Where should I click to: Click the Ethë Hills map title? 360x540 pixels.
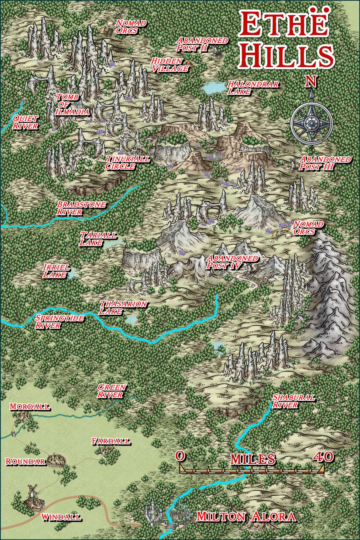point(285,40)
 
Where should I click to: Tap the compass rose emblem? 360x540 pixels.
point(311,123)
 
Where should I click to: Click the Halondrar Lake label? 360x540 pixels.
point(253,87)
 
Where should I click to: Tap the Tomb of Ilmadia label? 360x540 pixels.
point(73,104)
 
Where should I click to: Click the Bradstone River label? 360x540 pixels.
point(81,208)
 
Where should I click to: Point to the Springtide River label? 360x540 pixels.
point(59,321)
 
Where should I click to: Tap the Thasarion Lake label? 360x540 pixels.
point(123,308)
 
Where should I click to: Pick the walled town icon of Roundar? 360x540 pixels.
point(55,459)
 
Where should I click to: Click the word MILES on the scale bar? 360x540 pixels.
point(252,459)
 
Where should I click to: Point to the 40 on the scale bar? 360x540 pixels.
point(323,457)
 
